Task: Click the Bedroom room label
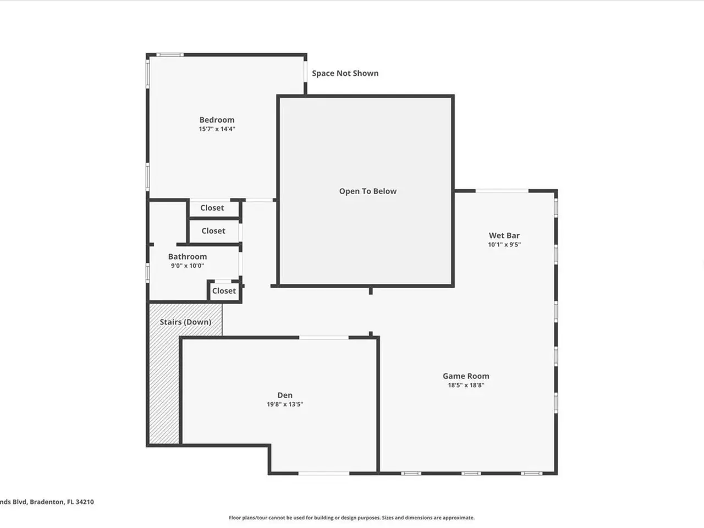217,120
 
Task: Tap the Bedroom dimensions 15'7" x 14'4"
217,129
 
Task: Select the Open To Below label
368,191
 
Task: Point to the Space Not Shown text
345,73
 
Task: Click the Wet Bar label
504,235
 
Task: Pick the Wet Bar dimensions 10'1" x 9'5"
504,244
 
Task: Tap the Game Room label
466,376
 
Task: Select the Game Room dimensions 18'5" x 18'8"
466,385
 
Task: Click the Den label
285,395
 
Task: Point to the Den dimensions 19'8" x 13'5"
285,404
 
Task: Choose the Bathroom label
188,256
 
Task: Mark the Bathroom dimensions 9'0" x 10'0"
188,266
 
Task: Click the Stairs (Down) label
185,322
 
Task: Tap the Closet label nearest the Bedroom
212,208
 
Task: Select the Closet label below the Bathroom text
224,291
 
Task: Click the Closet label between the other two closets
213,231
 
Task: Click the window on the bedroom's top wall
170,55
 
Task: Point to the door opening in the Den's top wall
324,338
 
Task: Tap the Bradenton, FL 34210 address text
62,502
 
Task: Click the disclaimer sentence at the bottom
351,518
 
